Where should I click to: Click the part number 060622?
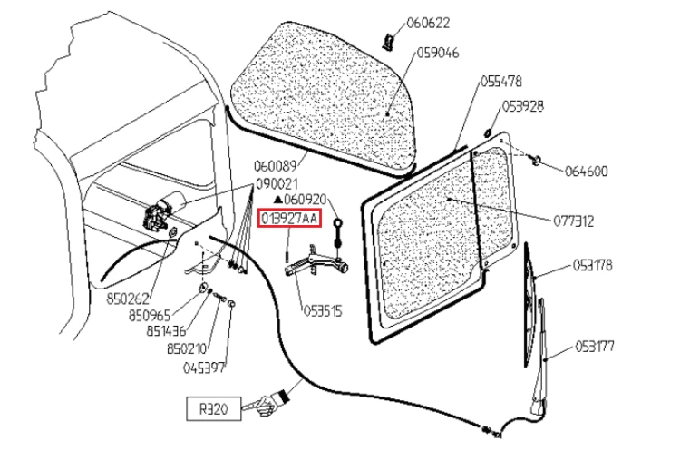pos(429,23)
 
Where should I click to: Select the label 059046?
pos(438,53)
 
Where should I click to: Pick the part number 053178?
pos(593,266)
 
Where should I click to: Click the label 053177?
pos(593,345)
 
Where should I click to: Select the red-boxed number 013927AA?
pos(289,219)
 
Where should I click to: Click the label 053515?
pos(321,310)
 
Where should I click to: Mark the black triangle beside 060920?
pos(277,199)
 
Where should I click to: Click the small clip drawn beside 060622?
pos(389,40)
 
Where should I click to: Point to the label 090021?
pos(276,182)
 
